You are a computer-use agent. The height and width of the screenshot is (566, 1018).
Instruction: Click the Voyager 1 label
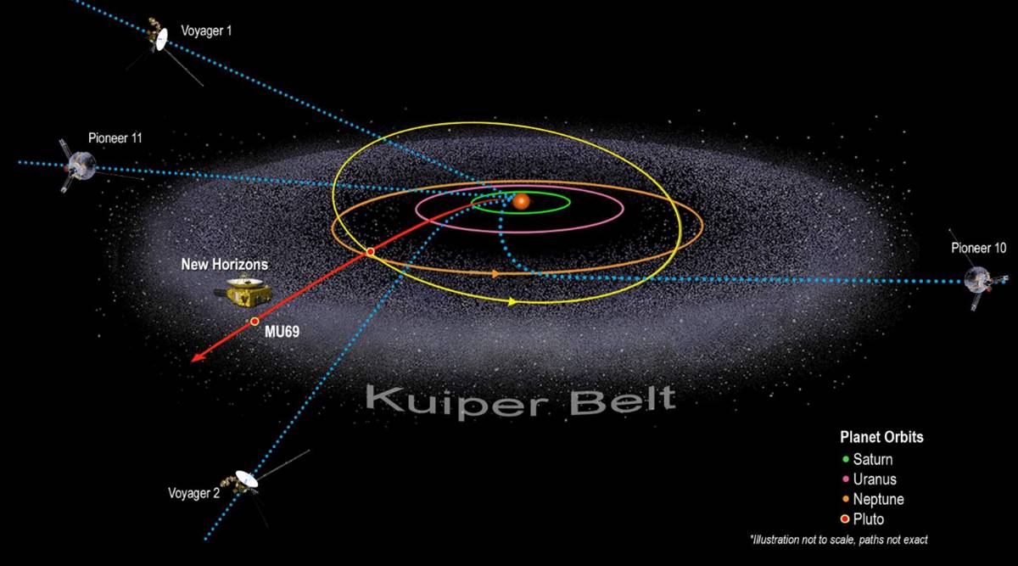206,31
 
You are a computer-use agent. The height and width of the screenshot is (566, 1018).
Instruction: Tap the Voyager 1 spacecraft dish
162,39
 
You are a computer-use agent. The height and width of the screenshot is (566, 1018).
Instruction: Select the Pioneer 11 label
115,137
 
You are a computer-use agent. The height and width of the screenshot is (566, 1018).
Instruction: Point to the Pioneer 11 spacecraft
80,166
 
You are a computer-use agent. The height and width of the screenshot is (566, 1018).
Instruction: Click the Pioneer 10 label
978,248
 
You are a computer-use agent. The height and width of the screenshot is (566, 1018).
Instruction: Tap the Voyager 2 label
193,493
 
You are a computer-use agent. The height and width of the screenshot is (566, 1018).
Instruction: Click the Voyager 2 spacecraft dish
247,479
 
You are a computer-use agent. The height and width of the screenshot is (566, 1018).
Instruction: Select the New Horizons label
225,264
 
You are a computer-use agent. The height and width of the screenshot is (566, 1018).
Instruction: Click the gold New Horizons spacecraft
244,291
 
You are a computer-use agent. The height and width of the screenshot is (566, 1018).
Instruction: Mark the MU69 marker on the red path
255,322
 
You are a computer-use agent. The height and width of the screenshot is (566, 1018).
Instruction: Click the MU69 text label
282,332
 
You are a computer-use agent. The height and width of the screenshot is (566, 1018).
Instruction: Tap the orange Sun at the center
521,201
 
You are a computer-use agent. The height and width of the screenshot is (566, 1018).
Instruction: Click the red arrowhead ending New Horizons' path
197,357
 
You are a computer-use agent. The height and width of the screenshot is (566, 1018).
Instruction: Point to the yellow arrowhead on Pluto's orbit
512,301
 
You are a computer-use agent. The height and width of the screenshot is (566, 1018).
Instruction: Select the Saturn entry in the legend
868,459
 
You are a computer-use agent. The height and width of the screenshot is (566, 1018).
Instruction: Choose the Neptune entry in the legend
873,499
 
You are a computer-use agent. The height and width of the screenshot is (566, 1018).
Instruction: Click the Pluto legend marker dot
845,518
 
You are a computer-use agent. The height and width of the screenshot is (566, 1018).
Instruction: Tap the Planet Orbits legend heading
881,437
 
